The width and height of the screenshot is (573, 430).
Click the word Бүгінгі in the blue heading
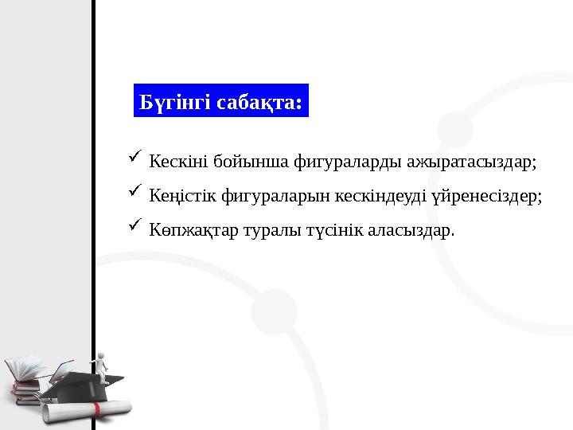169,103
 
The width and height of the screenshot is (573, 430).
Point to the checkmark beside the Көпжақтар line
133,226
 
